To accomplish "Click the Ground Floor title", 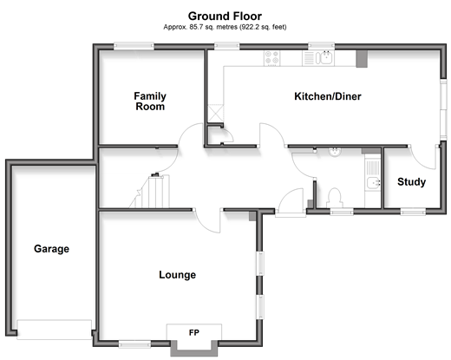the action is pyautogui.click(x=225, y=16).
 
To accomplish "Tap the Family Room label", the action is pyautogui.click(x=150, y=101).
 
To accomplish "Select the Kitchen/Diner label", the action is pyautogui.click(x=328, y=96).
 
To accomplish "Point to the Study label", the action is pyautogui.click(x=411, y=182).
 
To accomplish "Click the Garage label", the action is pyautogui.click(x=51, y=249).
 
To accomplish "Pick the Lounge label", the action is pyautogui.click(x=177, y=275).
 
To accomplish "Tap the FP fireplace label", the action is pyautogui.click(x=194, y=332).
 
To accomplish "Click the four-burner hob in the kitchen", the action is pyautogui.click(x=271, y=58).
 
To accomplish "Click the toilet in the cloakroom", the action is pyautogui.click(x=335, y=198).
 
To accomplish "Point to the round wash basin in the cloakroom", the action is pyautogui.click(x=335, y=152).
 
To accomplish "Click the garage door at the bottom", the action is pyautogui.click(x=55, y=330).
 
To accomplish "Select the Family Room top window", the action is pyautogui.click(x=134, y=46).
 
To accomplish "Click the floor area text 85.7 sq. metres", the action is pyautogui.click(x=213, y=27).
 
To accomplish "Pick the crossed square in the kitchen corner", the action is pyautogui.click(x=216, y=113).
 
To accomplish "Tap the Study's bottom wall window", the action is pyautogui.click(x=413, y=212).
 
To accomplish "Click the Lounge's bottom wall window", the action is pyautogui.click(x=134, y=344).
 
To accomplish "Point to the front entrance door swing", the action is pyautogui.click(x=291, y=202).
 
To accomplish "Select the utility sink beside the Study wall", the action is pyautogui.click(x=373, y=183).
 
